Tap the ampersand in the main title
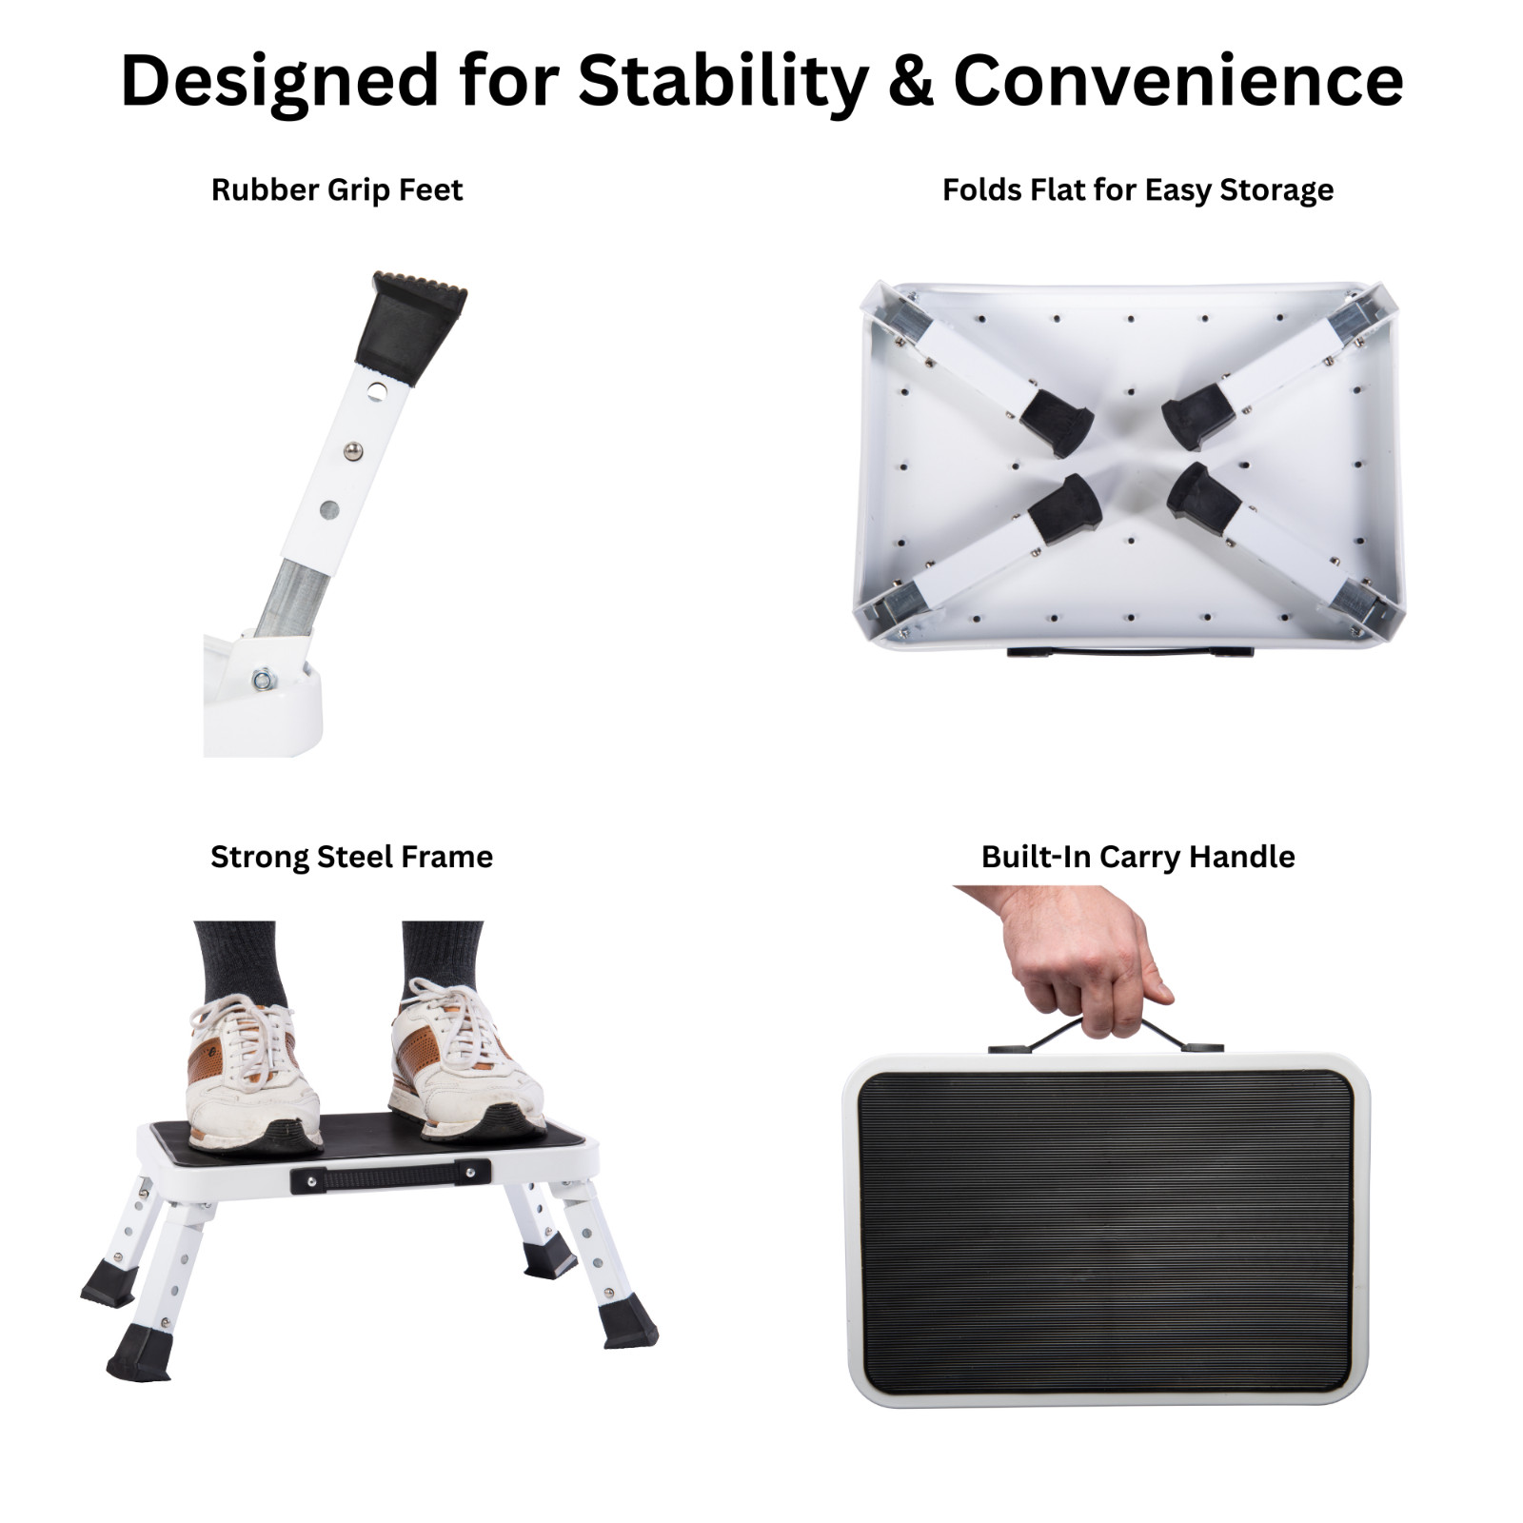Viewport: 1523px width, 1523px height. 911,80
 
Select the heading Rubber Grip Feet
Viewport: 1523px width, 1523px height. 336,189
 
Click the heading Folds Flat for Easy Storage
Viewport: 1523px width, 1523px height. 1137,189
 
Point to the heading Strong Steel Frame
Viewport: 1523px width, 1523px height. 351,857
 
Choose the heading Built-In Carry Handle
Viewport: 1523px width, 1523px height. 1137,857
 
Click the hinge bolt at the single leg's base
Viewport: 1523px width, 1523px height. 261,680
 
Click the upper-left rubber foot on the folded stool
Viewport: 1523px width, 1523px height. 1056,420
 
